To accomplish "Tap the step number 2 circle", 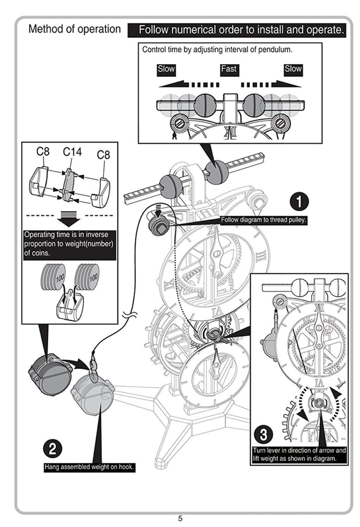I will (x=52, y=449).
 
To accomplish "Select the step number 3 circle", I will (x=263, y=434).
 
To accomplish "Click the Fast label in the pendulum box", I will (x=228, y=69).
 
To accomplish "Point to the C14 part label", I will (x=72, y=152).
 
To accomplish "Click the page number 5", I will (x=180, y=518).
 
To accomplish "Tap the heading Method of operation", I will (x=75, y=29).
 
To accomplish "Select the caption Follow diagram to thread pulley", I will (x=263, y=220).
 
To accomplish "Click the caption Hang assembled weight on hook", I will (x=89, y=467).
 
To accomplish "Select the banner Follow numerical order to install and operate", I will (x=241, y=30).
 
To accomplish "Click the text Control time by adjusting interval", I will (x=217, y=50).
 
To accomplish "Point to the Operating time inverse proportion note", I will (x=69, y=244).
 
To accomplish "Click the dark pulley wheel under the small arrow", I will (x=158, y=226).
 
